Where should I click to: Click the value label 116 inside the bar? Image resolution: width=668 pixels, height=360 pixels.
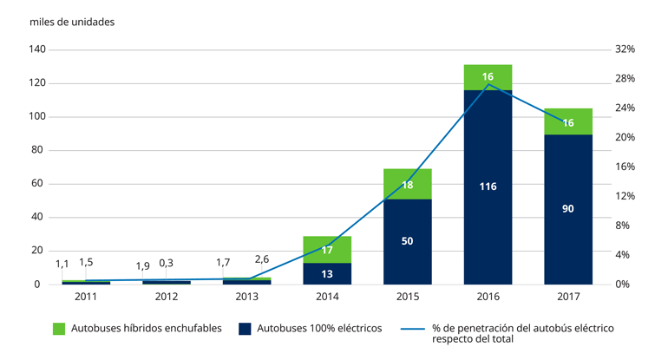pyautogui.click(x=488, y=186)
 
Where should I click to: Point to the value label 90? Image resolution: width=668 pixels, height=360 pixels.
pyautogui.click(x=568, y=209)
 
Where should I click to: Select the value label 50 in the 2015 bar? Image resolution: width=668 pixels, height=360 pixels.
pyautogui.click(x=408, y=240)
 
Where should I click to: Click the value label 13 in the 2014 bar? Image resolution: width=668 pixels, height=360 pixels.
pyautogui.click(x=327, y=274)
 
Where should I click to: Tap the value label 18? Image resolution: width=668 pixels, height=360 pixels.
pyautogui.click(x=408, y=185)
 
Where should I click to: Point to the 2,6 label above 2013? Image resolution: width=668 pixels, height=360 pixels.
pyautogui.click(x=261, y=259)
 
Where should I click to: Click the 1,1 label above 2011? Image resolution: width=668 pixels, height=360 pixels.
pyautogui.click(x=62, y=264)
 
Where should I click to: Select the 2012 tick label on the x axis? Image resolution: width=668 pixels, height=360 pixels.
pyautogui.click(x=166, y=298)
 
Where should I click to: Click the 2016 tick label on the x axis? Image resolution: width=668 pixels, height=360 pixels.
pyautogui.click(x=488, y=298)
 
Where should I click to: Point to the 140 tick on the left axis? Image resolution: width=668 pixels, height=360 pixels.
pyautogui.click(x=37, y=50)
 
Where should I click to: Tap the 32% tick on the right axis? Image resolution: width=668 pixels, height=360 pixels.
pyautogui.click(x=625, y=50)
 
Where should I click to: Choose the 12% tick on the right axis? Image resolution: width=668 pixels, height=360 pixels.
pyautogui.click(x=625, y=196)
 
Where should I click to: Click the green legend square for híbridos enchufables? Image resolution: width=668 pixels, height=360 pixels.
pyautogui.click(x=60, y=329)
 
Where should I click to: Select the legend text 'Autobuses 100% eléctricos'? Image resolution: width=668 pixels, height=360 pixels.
pyautogui.click(x=316, y=329)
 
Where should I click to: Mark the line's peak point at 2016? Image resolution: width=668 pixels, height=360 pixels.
pyautogui.click(x=488, y=84)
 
